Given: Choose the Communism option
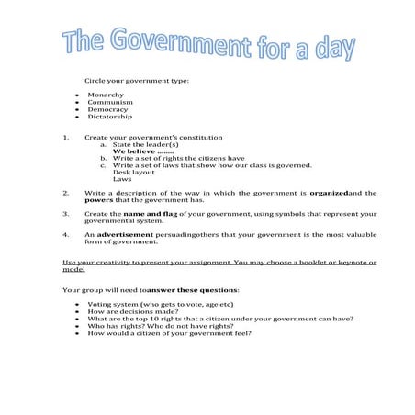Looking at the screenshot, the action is (109, 102).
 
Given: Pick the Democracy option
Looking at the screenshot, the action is (108, 109).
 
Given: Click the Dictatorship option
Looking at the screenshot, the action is (110, 117).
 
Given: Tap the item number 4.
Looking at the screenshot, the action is (66, 234).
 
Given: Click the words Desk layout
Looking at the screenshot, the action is (134, 172).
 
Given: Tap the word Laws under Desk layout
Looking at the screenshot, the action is (122, 179).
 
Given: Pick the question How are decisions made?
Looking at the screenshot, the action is (133, 311).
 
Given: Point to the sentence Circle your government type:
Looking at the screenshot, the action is (136, 80).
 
